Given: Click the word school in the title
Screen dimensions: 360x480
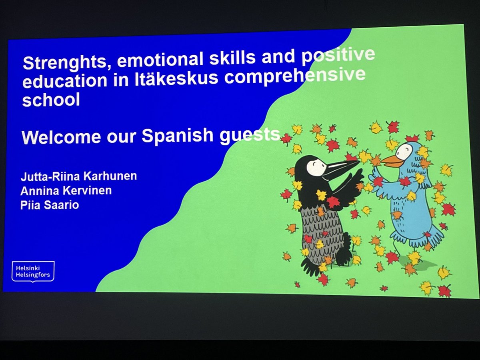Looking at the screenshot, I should [x=51, y=100].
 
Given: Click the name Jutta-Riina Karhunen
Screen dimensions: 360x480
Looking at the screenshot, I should [x=78, y=176].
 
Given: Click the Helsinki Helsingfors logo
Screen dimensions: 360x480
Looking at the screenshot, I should [x=33, y=271].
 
